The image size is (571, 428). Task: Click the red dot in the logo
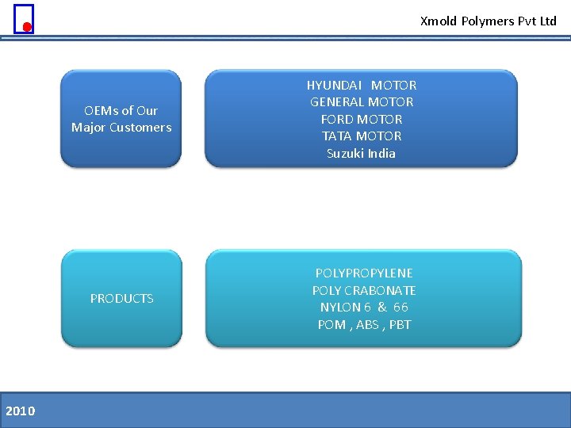click(x=27, y=27)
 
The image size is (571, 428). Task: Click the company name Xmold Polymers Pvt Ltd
click(x=488, y=21)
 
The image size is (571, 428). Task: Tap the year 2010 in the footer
click(x=20, y=411)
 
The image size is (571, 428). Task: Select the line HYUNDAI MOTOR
click(x=362, y=85)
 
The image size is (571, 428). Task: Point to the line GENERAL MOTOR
click(x=362, y=101)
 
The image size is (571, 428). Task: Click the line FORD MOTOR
click(x=362, y=119)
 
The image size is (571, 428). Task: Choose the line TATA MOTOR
click(x=362, y=136)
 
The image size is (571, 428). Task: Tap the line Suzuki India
click(x=361, y=153)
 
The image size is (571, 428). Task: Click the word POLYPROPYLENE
click(x=364, y=273)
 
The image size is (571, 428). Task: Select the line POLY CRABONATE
click(x=364, y=290)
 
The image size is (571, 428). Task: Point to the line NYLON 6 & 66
click(x=364, y=307)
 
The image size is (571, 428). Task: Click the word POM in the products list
click(x=331, y=324)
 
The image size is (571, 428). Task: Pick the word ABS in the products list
click(x=367, y=324)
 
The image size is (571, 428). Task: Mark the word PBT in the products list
click(x=400, y=324)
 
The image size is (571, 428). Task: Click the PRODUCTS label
click(x=122, y=299)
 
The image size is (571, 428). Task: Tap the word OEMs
click(x=101, y=111)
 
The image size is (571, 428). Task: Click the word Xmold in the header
click(x=439, y=21)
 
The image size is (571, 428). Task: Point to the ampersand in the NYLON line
click(x=382, y=307)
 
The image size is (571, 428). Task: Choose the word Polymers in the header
click(x=488, y=21)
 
